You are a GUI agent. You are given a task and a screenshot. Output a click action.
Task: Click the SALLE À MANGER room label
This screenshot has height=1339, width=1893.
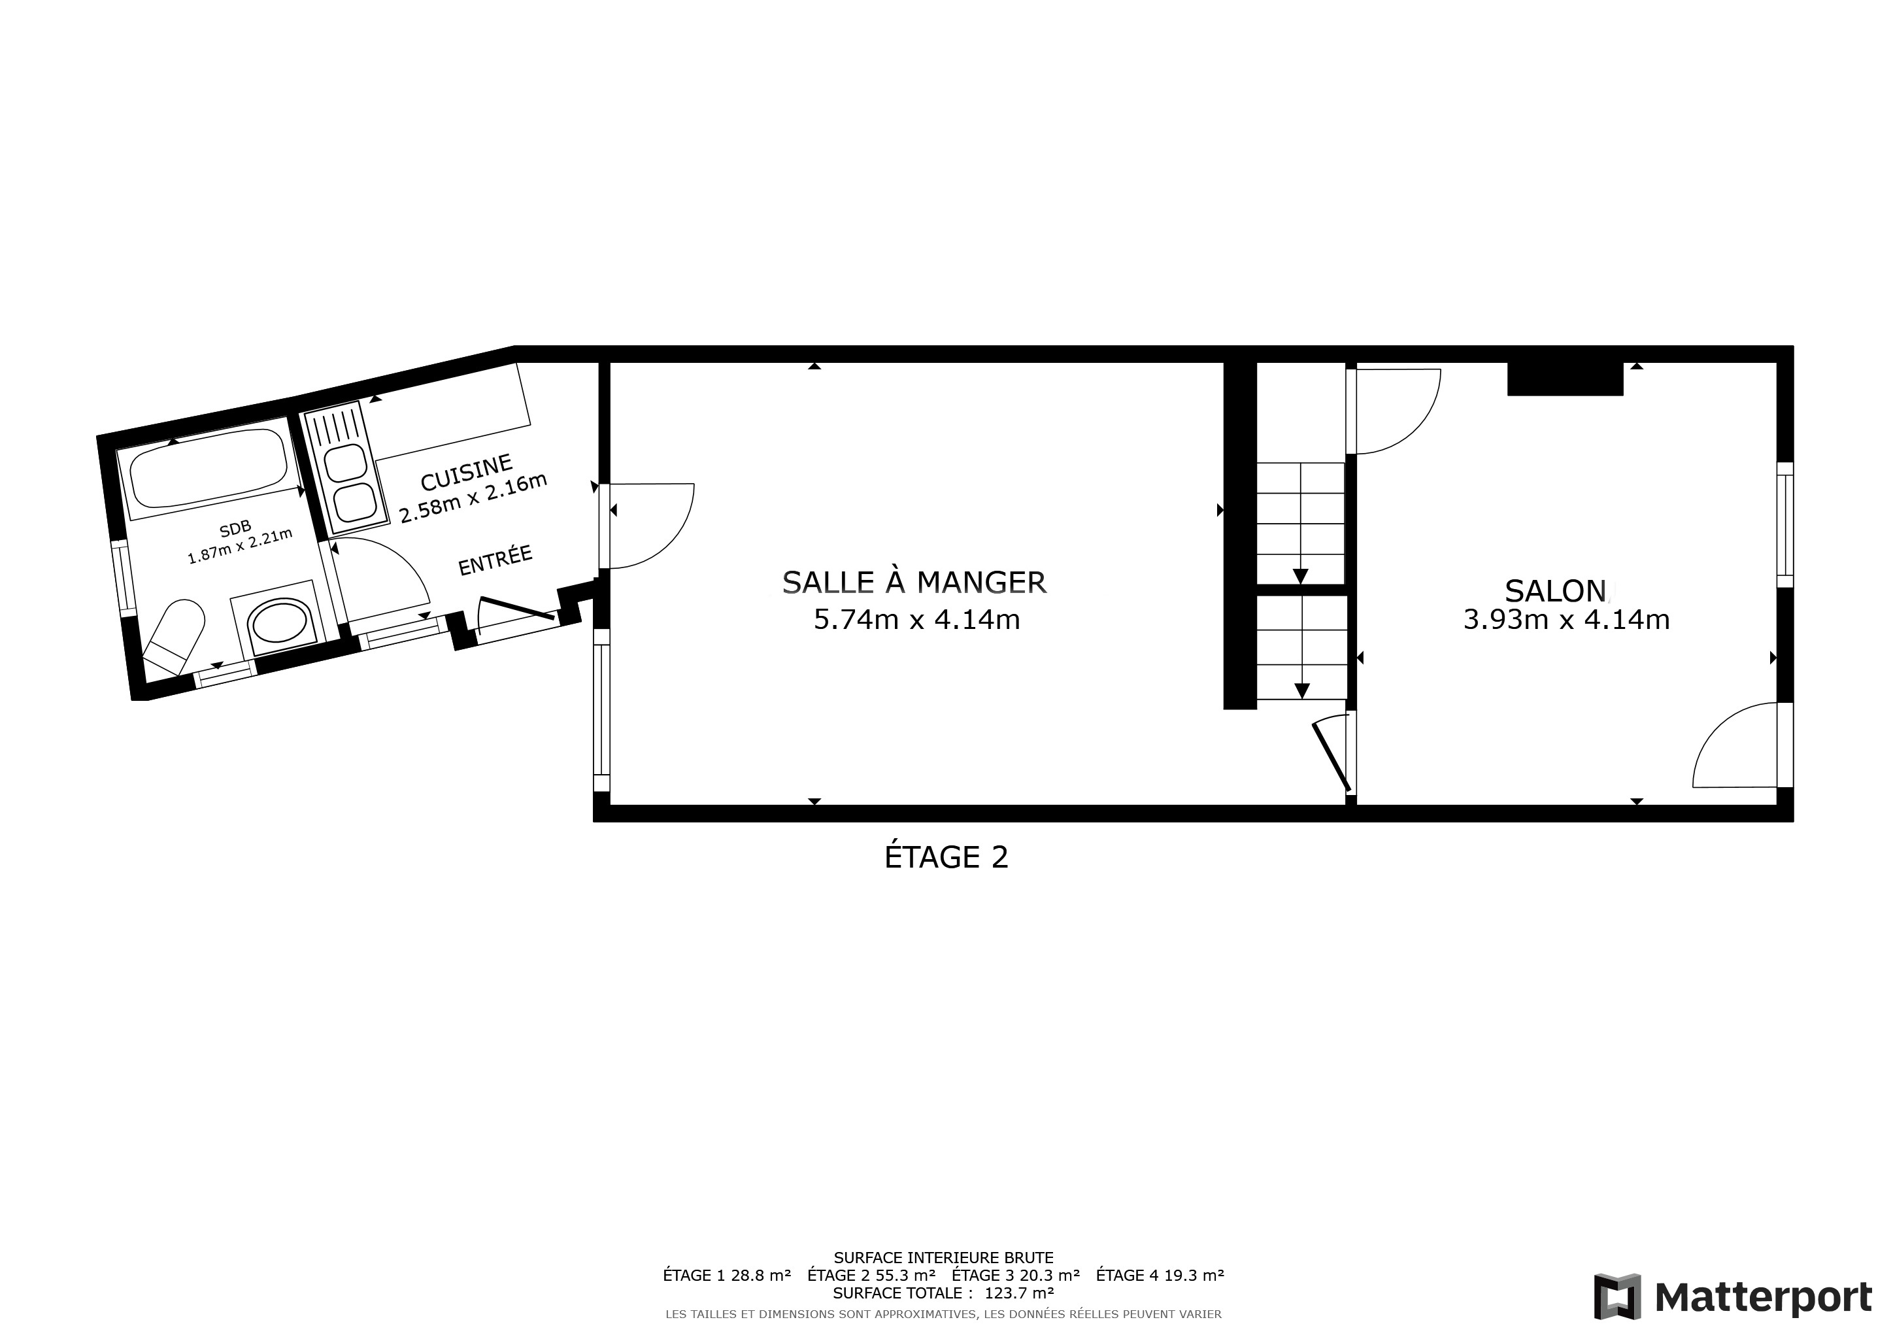914,582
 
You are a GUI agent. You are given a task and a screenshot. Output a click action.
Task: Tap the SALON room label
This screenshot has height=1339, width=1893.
1555,590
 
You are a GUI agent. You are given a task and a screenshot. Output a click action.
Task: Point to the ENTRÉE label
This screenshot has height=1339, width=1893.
495,561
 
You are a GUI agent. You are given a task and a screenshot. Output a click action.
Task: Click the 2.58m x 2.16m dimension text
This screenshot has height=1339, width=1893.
473,498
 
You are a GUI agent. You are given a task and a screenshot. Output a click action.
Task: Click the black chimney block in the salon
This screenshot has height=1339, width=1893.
1565,379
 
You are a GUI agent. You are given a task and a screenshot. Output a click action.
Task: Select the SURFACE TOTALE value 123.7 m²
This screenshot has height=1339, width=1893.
1019,1293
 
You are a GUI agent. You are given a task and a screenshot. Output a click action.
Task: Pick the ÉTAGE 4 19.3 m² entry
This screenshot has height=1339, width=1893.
1160,1276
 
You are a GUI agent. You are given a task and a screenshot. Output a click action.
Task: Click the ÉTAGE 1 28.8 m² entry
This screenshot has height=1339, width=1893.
727,1276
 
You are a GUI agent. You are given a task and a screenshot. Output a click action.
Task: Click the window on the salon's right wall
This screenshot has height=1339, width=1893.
1784,524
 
